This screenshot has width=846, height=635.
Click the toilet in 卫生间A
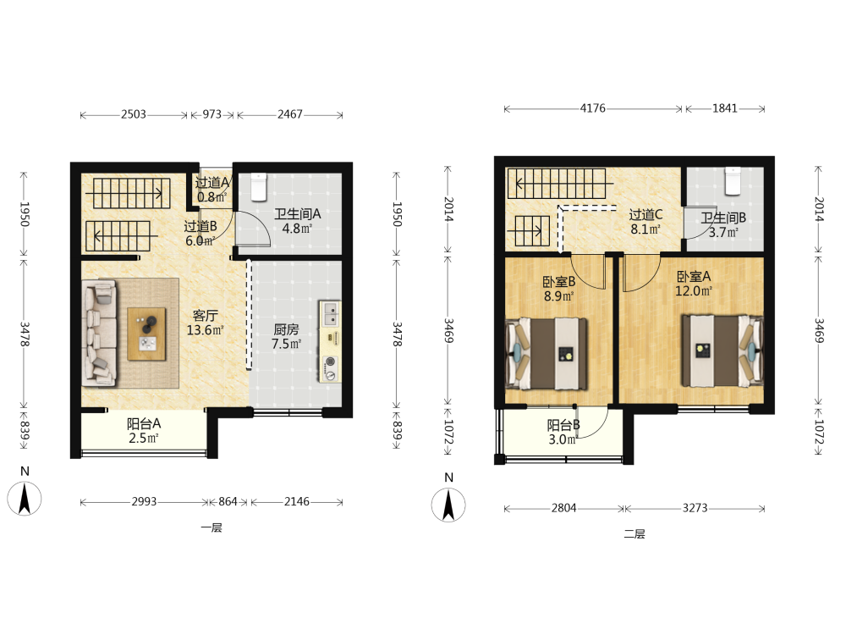tap(259, 187)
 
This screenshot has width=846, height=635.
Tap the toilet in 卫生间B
tap(732, 181)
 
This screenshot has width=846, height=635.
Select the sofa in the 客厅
tap(100, 333)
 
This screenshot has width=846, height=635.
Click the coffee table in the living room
tap(146, 334)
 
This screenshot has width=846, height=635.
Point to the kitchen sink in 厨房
tap(330, 313)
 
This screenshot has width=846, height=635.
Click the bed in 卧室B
tap(546, 354)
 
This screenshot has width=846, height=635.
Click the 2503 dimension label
tap(134, 114)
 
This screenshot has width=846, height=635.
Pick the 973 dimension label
tap(212, 114)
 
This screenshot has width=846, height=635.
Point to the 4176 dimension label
tap(592, 108)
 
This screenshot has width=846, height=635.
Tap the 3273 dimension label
tap(695, 508)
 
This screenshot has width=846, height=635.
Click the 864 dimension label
tap(228, 501)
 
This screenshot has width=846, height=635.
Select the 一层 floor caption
tap(211, 527)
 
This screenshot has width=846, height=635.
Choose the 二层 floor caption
tap(634, 534)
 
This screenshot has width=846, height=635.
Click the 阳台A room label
tap(144, 424)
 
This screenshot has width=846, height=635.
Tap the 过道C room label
tap(645, 214)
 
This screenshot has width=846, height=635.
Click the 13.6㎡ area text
tap(205, 330)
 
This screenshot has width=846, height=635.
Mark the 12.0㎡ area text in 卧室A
tap(694, 291)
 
